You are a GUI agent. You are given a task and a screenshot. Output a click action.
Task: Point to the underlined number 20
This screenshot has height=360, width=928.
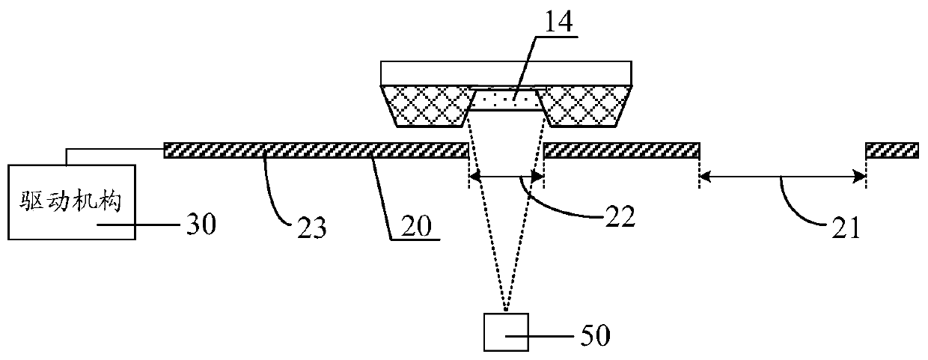click(x=413, y=225)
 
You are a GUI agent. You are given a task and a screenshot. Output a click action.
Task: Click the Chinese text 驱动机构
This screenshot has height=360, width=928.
click(x=70, y=200)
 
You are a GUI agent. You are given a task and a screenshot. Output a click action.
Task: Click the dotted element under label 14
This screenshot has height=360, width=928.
click(x=505, y=98)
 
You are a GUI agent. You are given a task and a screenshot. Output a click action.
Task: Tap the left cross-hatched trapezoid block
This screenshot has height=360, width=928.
click(x=426, y=105)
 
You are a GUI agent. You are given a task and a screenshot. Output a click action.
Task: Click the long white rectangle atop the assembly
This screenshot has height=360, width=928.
click(x=507, y=73)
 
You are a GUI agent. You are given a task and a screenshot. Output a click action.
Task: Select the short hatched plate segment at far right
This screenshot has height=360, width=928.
click(x=892, y=150)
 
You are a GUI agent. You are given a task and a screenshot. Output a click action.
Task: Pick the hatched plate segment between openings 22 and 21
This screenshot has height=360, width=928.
click(x=621, y=150)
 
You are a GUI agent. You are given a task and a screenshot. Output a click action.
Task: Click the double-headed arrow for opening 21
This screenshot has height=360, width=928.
click(x=782, y=177)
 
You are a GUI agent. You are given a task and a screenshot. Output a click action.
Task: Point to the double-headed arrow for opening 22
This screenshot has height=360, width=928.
click(x=506, y=177)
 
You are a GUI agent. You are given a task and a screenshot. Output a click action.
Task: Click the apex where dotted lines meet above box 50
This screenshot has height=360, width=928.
click(x=507, y=310)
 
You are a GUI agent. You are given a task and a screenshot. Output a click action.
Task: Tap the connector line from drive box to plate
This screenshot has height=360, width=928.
click(x=112, y=150)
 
